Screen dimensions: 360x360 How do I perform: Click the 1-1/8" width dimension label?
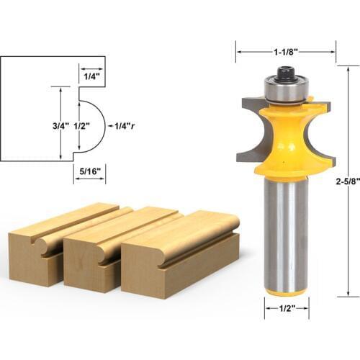click(x=286, y=52)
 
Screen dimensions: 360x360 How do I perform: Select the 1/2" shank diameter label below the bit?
click(x=286, y=312)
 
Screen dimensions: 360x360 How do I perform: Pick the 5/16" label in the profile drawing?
click(x=89, y=171)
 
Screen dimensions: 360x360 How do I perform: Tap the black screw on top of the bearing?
click(x=286, y=73)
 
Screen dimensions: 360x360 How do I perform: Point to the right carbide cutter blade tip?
click(x=325, y=108)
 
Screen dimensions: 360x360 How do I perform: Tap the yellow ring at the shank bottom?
click(x=286, y=292)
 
